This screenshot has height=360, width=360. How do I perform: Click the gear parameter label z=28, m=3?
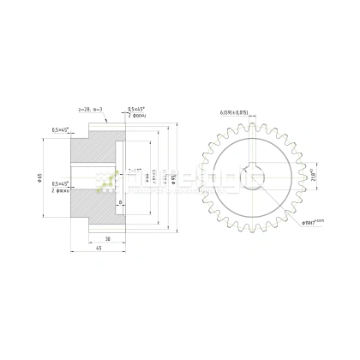pos(91,110)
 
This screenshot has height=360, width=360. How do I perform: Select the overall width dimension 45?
pos(99,249)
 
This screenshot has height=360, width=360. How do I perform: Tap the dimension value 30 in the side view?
pos(107,237)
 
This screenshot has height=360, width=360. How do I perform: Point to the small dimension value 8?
pos(120,203)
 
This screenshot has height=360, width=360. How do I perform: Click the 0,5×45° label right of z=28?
pos(136,109)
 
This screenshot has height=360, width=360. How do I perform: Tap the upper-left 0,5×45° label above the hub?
pos(61,129)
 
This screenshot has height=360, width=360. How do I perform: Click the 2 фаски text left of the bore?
pos(60,191)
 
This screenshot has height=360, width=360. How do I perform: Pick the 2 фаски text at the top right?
pos(137,116)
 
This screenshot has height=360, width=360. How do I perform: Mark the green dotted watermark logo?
pos(107,179)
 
